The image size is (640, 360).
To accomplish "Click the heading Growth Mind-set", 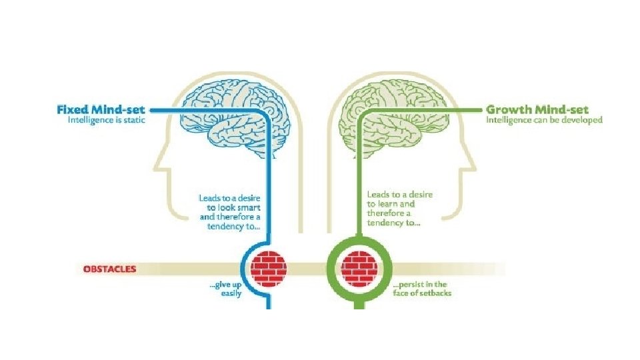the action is pos(537,109).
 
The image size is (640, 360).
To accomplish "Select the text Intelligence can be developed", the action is pos(544,121).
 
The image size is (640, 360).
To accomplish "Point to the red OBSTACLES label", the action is pos(109,269).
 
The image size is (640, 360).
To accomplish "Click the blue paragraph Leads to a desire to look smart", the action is pos(229,212).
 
